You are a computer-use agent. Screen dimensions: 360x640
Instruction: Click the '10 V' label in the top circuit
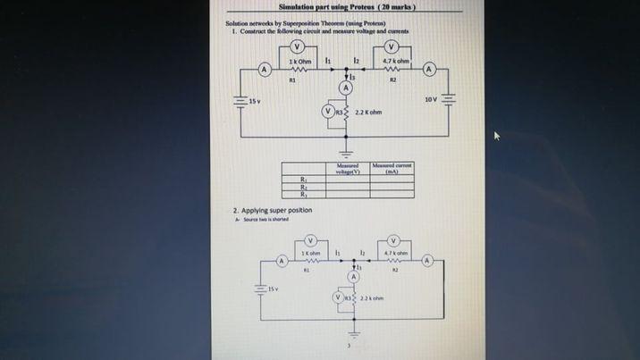pyautogui.click(x=431, y=97)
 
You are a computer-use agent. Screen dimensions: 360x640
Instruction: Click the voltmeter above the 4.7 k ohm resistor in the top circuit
pyautogui.click(x=392, y=47)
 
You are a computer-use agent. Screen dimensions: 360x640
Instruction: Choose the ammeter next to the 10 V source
pyautogui.click(x=430, y=70)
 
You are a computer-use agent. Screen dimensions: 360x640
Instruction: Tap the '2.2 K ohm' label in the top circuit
pyautogui.click(x=368, y=113)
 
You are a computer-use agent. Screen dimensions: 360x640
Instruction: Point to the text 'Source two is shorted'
pyautogui.click(x=265, y=219)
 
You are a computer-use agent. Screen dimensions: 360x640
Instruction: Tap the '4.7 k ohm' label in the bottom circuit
pyautogui.click(x=394, y=253)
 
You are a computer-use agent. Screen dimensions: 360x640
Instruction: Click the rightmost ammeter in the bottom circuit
pyautogui.click(x=428, y=261)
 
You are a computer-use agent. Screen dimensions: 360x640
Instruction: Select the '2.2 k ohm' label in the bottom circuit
pyautogui.click(x=372, y=297)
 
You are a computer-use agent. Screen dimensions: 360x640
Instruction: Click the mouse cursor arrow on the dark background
pyautogui.click(x=498, y=137)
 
